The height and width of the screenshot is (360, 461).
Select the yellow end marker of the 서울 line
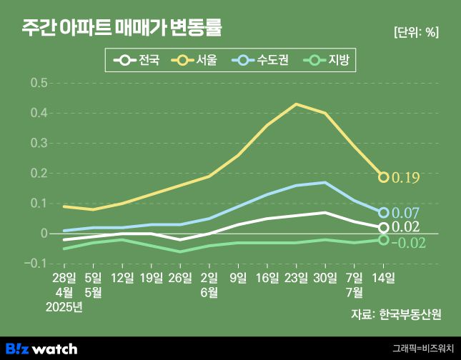(x=383, y=177)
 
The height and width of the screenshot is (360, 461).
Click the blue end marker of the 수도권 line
(x=383, y=213)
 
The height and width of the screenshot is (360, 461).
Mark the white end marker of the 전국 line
(x=383, y=228)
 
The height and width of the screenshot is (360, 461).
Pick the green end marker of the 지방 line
(x=383, y=240)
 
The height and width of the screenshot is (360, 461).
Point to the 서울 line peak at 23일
(x=296, y=104)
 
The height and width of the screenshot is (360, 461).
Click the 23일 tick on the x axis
(x=296, y=276)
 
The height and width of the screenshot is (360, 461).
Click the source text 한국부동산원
(x=410, y=314)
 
